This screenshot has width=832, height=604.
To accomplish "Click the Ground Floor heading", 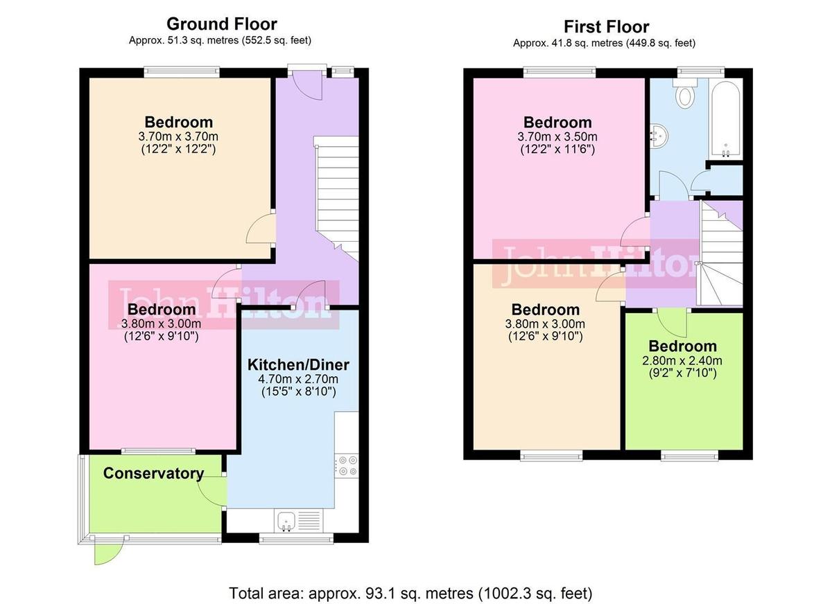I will (x=222, y=24).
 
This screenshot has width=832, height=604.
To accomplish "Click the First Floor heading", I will (x=606, y=27).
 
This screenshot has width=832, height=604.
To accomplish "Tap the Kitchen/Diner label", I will (x=299, y=364).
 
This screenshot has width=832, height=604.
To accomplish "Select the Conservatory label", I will (x=153, y=474).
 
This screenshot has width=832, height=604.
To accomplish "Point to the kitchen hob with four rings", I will (x=345, y=464).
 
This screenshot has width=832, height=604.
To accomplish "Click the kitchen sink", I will (x=286, y=519).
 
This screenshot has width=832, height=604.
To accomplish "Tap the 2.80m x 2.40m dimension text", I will (x=683, y=361).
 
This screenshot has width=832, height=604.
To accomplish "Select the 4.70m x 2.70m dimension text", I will (x=299, y=379).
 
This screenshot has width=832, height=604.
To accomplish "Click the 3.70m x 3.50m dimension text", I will (x=557, y=136).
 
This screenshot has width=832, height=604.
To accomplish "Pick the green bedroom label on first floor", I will (x=682, y=346).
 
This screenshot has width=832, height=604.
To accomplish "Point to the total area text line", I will (x=410, y=593).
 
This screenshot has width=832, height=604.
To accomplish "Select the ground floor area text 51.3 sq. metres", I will (x=220, y=40).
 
